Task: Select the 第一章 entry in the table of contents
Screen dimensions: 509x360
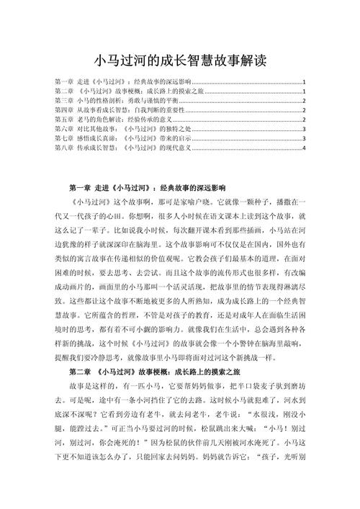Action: click(x=122, y=82)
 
